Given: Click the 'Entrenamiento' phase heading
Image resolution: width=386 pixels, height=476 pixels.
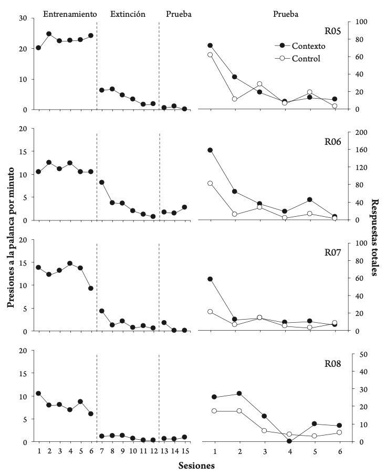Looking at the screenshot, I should (x=69, y=14).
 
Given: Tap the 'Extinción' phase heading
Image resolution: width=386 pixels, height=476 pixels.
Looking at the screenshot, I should (x=128, y=14).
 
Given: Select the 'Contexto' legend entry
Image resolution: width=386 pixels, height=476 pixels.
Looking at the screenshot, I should (x=309, y=46).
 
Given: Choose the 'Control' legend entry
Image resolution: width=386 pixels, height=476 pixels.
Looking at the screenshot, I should (x=306, y=58).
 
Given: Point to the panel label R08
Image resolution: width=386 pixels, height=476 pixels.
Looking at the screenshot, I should (x=333, y=363).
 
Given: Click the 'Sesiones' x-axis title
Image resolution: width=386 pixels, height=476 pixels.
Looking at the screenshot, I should (x=195, y=466).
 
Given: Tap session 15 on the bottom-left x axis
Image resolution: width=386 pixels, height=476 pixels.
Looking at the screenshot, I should (x=184, y=451).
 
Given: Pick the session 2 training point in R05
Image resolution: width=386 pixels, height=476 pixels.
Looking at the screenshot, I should (x=49, y=34).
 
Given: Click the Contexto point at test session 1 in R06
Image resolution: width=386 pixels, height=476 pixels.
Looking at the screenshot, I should (x=210, y=150).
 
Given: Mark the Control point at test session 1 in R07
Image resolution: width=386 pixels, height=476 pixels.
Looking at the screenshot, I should (x=210, y=312).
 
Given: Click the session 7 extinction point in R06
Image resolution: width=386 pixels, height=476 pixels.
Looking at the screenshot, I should (x=101, y=182).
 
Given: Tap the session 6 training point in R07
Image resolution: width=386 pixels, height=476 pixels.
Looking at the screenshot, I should (x=91, y=288).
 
